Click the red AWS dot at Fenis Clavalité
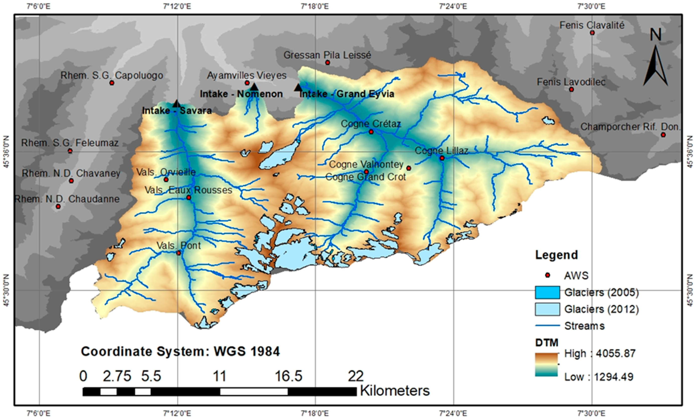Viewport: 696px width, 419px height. pyautogui.click(x=592, y=33)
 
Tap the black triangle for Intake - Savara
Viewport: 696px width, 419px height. pyautogui.click(x=176, y=104)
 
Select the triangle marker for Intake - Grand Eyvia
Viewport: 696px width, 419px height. pyautogui.click(x=298, y=87)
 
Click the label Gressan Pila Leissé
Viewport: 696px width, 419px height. pyautogui.click(x=327, y=55)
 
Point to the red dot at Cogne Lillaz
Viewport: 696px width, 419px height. pyautogui.click(x=442, y=158)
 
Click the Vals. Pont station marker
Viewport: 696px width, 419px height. pyautogui.click(x=178, y=253)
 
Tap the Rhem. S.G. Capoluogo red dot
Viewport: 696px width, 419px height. pyautogui.click(x=112, y=83)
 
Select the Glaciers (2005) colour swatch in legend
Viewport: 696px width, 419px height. pyautogui.click(x=547, y=293)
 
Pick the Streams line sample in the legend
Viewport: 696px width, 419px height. pyautogui.click(x=547, y=326)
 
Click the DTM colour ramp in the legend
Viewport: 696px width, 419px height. pyautogui.click(x=546, y=364)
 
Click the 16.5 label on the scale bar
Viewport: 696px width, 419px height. pyautogui.click(x=288, y=376)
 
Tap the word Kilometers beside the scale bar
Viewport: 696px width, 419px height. pyautogui.click(x=394, y=391)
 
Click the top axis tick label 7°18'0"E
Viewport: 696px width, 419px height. pyautogui.click(x=315, y=6)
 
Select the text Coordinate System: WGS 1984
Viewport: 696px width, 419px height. pyautogui.click(x=180, y=352)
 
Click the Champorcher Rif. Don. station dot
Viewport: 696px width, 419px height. pyautogui.click(x=663, y=135)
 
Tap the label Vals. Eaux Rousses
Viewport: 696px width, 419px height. pyautogui.click(x=188, y=190)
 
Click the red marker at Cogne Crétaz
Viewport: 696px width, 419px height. pyautogui.click(x=371, y=132)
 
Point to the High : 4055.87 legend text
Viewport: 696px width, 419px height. pyautogui.click(x=600, y=353)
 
